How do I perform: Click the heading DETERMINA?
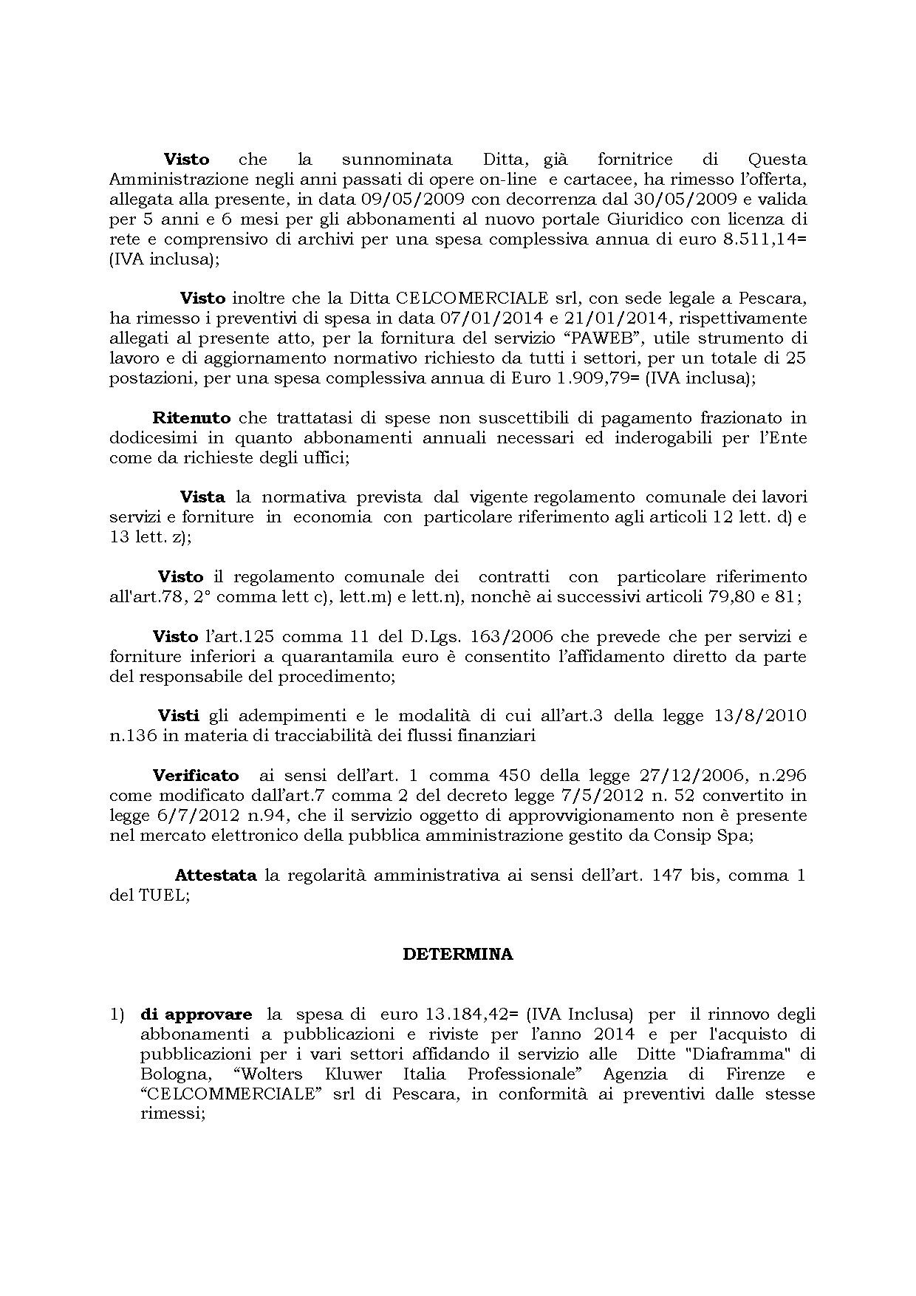(x=457, y=954)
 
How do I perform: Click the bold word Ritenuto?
(x=191, y=418)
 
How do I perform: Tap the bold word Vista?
(x=202, y=497)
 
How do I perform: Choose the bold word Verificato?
(x=196, y=776)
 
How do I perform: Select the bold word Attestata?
(x=216, y=876)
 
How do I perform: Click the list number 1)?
(x=117, y=1014)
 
